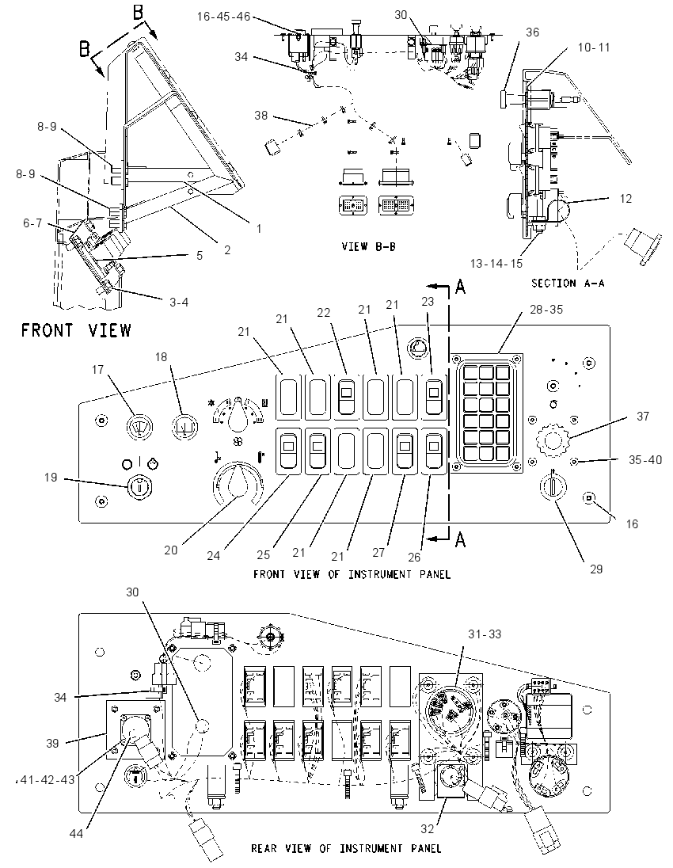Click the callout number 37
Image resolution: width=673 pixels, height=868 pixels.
(x=643, y=416)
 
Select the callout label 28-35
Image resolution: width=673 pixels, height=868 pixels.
(x=546, y=310)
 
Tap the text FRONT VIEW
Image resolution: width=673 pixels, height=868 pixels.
(x=76, y=330)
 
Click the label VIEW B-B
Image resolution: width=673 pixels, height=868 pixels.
(x=369, y=246)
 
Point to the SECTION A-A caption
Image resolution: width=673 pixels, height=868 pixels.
(x=568, y=283)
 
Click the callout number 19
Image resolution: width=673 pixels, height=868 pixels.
(x=51, y=478)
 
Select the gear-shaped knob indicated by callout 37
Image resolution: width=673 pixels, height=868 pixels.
(x=553, y=440)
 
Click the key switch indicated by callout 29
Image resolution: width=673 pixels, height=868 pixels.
(x=553, y=487)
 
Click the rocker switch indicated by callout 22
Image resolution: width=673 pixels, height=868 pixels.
(x=346, y=396)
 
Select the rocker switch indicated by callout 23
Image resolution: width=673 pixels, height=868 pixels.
(x=434, y=396)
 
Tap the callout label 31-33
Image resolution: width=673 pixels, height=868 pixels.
(x=485, y=634)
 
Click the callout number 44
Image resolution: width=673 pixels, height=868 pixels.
(x=75, y=833)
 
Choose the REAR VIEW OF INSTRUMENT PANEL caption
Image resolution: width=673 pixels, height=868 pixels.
(x=347, y=848)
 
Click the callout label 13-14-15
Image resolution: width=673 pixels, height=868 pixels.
(x=496, y=264)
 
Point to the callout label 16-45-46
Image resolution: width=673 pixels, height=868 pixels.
(x=223, y=17)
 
